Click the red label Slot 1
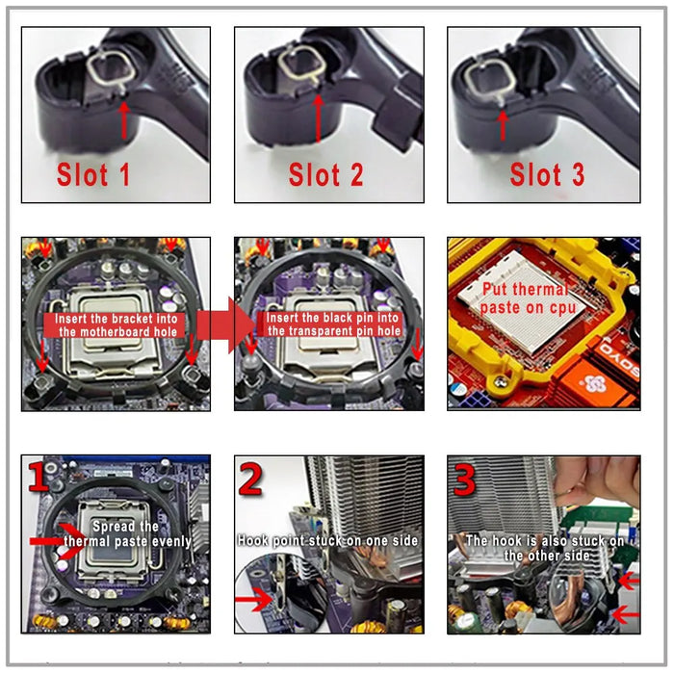coord(93,174)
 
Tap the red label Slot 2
coord(326,175)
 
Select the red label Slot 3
coord(547,174)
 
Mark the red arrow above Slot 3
coord(501,123)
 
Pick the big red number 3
coord(465,479)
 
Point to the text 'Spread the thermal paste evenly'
coord(127,534)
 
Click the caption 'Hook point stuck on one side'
coord(328,541)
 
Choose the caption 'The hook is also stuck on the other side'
coord(545,548)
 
